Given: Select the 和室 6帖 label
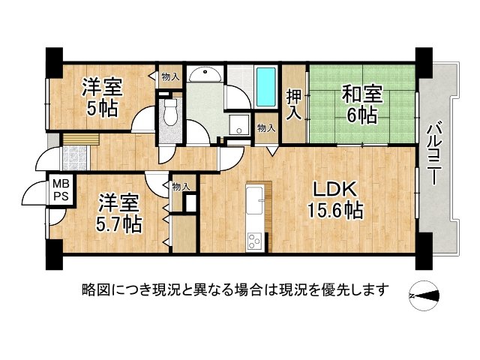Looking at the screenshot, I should point(362,103).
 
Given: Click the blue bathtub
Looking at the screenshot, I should point(266,88).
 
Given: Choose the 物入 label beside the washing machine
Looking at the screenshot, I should point(265,128).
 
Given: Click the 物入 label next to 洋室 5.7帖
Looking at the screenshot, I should point(180,186).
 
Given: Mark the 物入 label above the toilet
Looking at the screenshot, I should point(170,76).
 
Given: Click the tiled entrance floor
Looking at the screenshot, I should point(75,158).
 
